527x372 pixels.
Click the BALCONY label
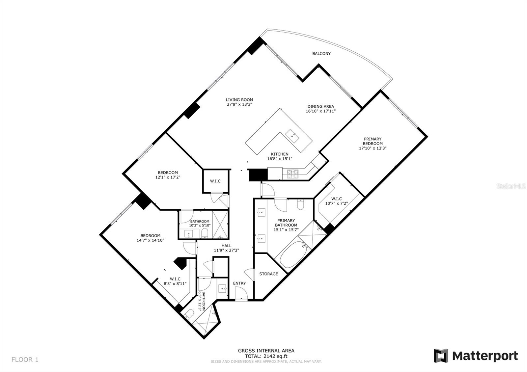tap(321, 54)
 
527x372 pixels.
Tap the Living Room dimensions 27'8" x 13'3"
tap(239, 104)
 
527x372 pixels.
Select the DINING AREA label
tap(321, 107)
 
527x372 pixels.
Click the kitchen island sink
tap(292, 136)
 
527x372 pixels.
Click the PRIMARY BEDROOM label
tap(373, 141)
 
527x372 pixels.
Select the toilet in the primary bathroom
tap(300, 204)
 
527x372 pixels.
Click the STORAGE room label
tap(268, 274)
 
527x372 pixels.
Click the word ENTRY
tap(239, 283)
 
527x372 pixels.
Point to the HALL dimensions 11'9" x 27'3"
tap(226, 251)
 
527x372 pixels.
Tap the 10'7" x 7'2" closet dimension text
tap(336, 203)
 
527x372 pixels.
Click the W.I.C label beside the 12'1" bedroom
tap(215, 181)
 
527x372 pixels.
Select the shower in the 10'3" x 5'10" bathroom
tap(220, 225)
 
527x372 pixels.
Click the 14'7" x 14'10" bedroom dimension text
tap(150, 240)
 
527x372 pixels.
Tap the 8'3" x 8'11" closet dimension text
tap(175, 283)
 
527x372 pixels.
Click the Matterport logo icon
tap(441, 356)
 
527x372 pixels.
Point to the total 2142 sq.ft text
tap(266, 356)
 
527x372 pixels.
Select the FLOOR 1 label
tap(25, 359)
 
